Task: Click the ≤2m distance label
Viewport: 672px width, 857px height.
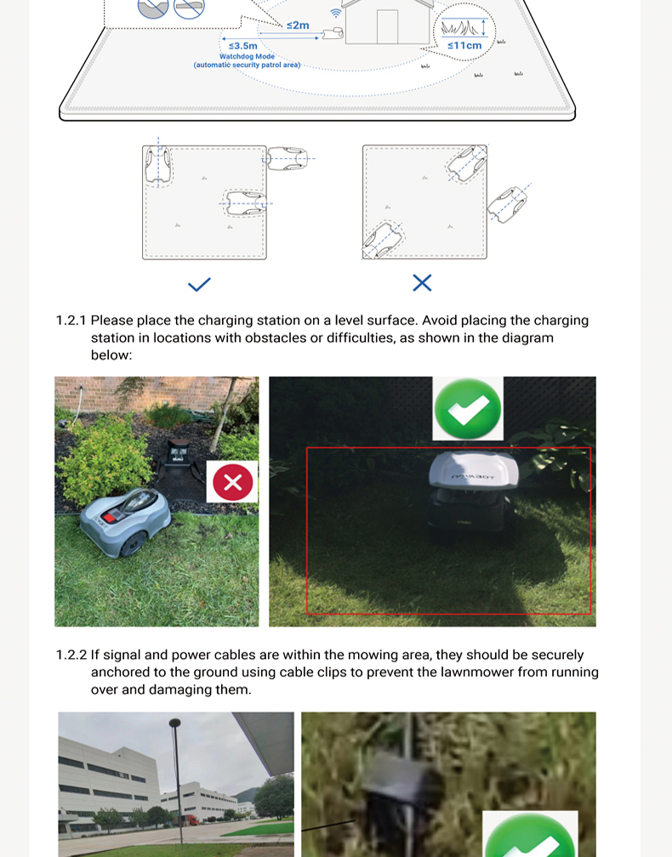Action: click(x=298, y=26)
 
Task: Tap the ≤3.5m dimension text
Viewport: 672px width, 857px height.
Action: click(x=243, y=46)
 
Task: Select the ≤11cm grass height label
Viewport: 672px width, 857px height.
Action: click(x=464, y=46)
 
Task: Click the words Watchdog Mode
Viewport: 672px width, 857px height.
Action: click(x=247, y=57)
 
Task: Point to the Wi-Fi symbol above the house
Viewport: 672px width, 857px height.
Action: click(x=336, y=14)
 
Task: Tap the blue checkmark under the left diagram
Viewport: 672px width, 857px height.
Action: click(x=199, y=284)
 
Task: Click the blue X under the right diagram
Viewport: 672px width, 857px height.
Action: click(x=422, y=283)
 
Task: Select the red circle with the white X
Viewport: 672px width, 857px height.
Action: click(x=232, y=483)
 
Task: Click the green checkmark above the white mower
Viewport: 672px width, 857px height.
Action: click(x=468, y=409)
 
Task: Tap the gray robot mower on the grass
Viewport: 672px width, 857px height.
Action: click(x=126, y=515)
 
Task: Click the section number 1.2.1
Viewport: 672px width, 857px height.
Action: click(x=71, y=321)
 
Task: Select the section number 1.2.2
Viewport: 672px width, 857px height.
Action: click(x=71, y=656)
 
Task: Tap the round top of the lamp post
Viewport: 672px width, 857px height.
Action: click(x=175, y=723)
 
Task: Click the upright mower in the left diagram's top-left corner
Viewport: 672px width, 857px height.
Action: click(x=158, y=165)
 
